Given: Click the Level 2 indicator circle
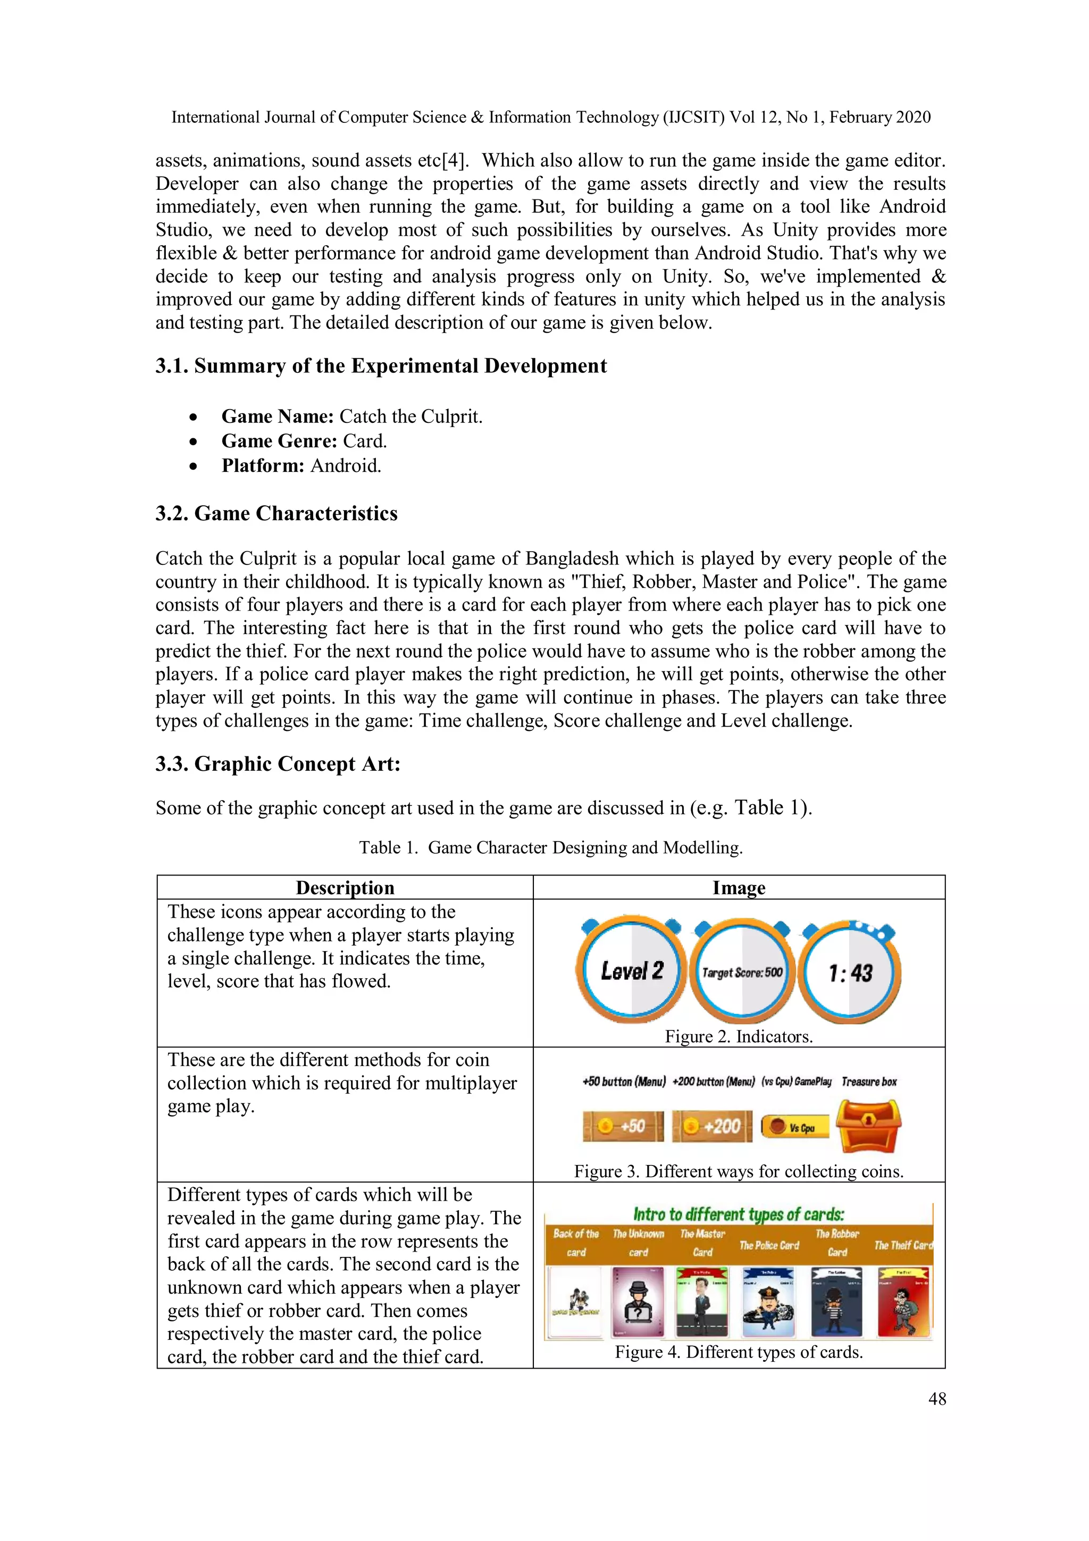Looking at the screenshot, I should coord(631,971).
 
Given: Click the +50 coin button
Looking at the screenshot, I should coord(623,1126).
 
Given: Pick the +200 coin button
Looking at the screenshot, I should coord(713,1126).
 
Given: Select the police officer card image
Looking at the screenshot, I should coord(769,1302).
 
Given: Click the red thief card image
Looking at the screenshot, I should coord(904,1302).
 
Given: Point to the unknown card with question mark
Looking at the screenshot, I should coord(638,1302).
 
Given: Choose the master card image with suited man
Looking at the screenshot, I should coord(702,1302).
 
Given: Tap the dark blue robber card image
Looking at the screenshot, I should coord(836,1302).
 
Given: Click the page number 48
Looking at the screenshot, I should coord(937,1399).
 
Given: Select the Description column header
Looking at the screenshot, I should coord(345,887).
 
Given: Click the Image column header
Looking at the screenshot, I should coord(739,887).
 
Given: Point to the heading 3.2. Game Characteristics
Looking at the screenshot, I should coord(277,513).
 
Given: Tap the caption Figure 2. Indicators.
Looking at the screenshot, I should coord(739,1036).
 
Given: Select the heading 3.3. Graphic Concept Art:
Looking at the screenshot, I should coord(278,764).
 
